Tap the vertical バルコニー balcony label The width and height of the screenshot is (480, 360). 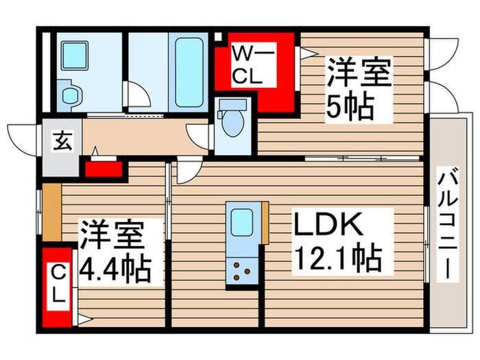pos(448,224)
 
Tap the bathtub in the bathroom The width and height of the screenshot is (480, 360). pos(187,71)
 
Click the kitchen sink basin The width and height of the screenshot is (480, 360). pos(242,222)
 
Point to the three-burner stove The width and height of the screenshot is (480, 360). pos(242,271)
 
